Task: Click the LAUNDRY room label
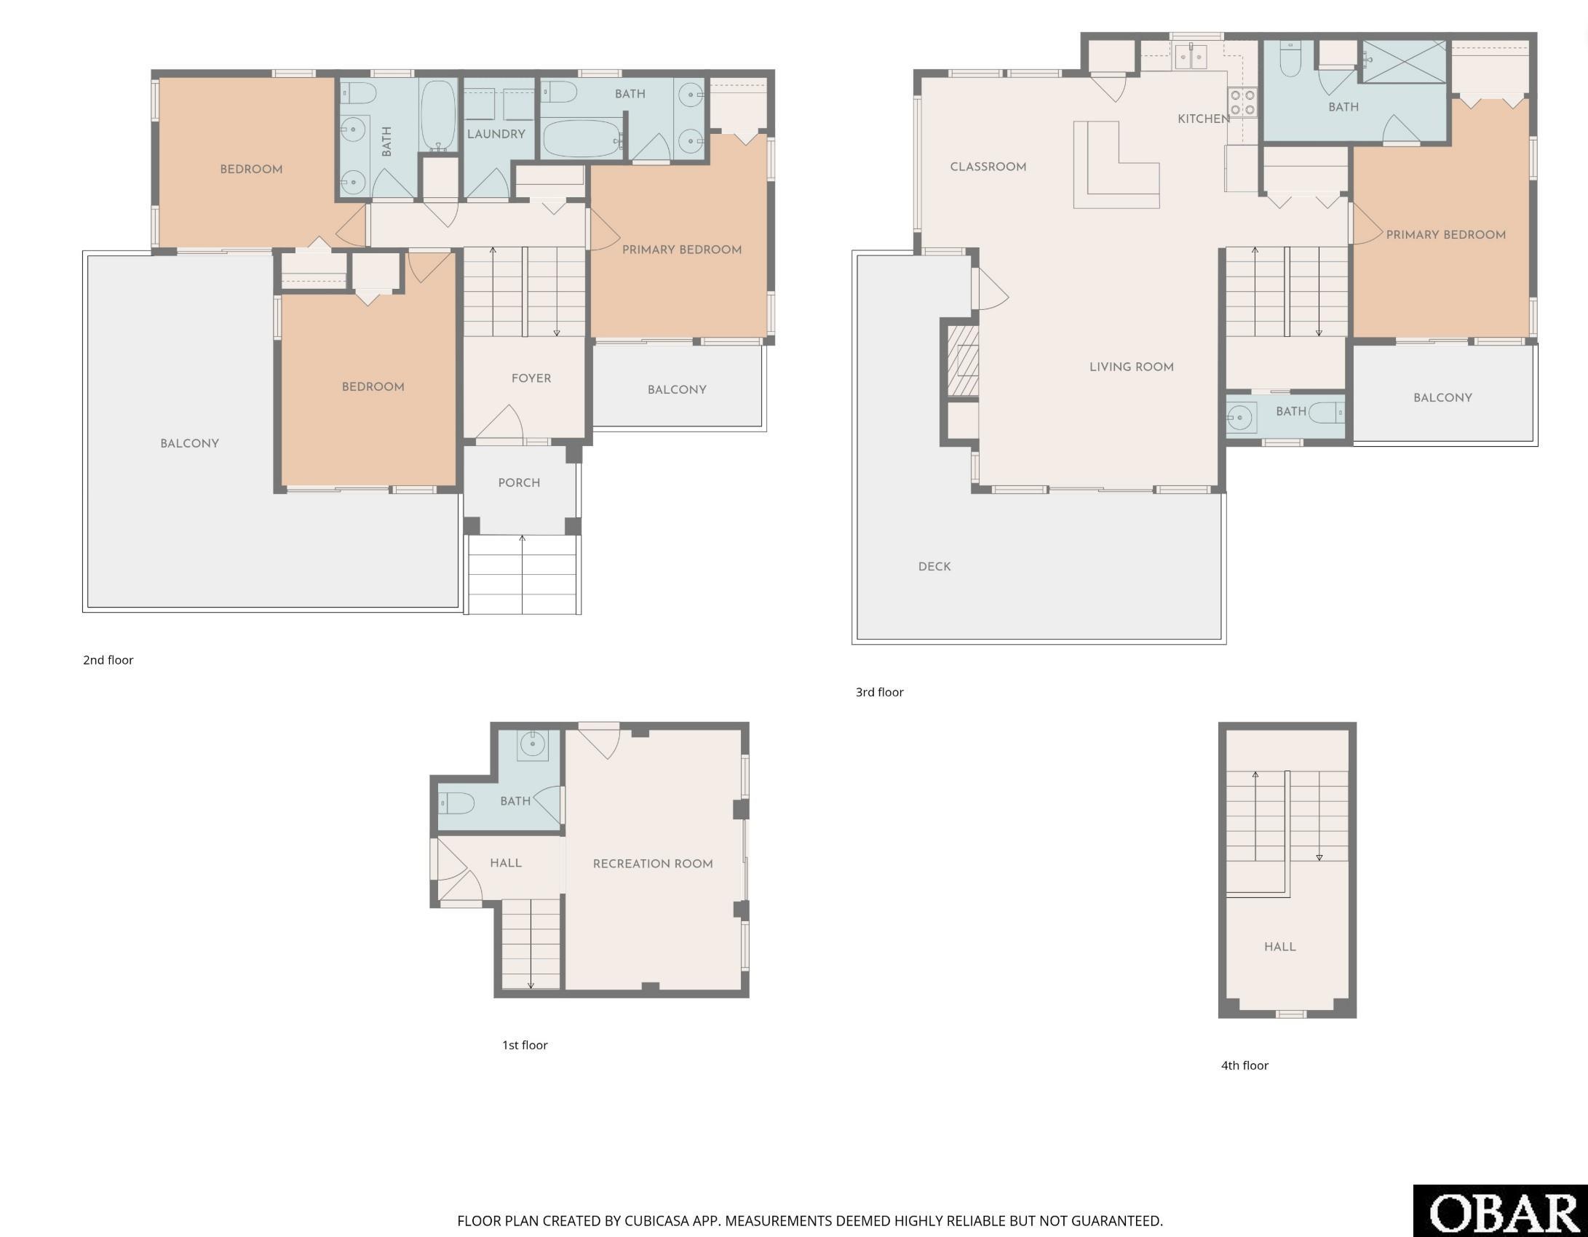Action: (x=496, y=134)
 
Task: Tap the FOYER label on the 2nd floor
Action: (x=531, y=378)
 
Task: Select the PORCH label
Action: (x=519, y=482)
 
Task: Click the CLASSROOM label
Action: (x=988, y=167)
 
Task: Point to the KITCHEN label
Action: (x=1204, y=119)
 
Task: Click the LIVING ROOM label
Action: (x=1132, y=367)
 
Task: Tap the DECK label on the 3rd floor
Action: (x=934, y=566)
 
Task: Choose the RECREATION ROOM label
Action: (x=653, y=864)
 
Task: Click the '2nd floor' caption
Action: (x=108, y=660)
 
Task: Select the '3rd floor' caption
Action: (x=880, y=692)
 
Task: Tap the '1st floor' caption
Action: (x=525, y=1045)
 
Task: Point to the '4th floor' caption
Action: (x=1244, y=1065)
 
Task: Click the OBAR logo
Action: (x=1501, y=1211)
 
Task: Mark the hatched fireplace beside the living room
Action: (x=963, y=360)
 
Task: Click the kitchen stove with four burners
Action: (x=1242, y=102)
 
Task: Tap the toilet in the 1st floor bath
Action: (x=456, y=803)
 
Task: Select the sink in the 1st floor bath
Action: (x=533, y=745)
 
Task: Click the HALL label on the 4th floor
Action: (x=1279, y=947)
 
